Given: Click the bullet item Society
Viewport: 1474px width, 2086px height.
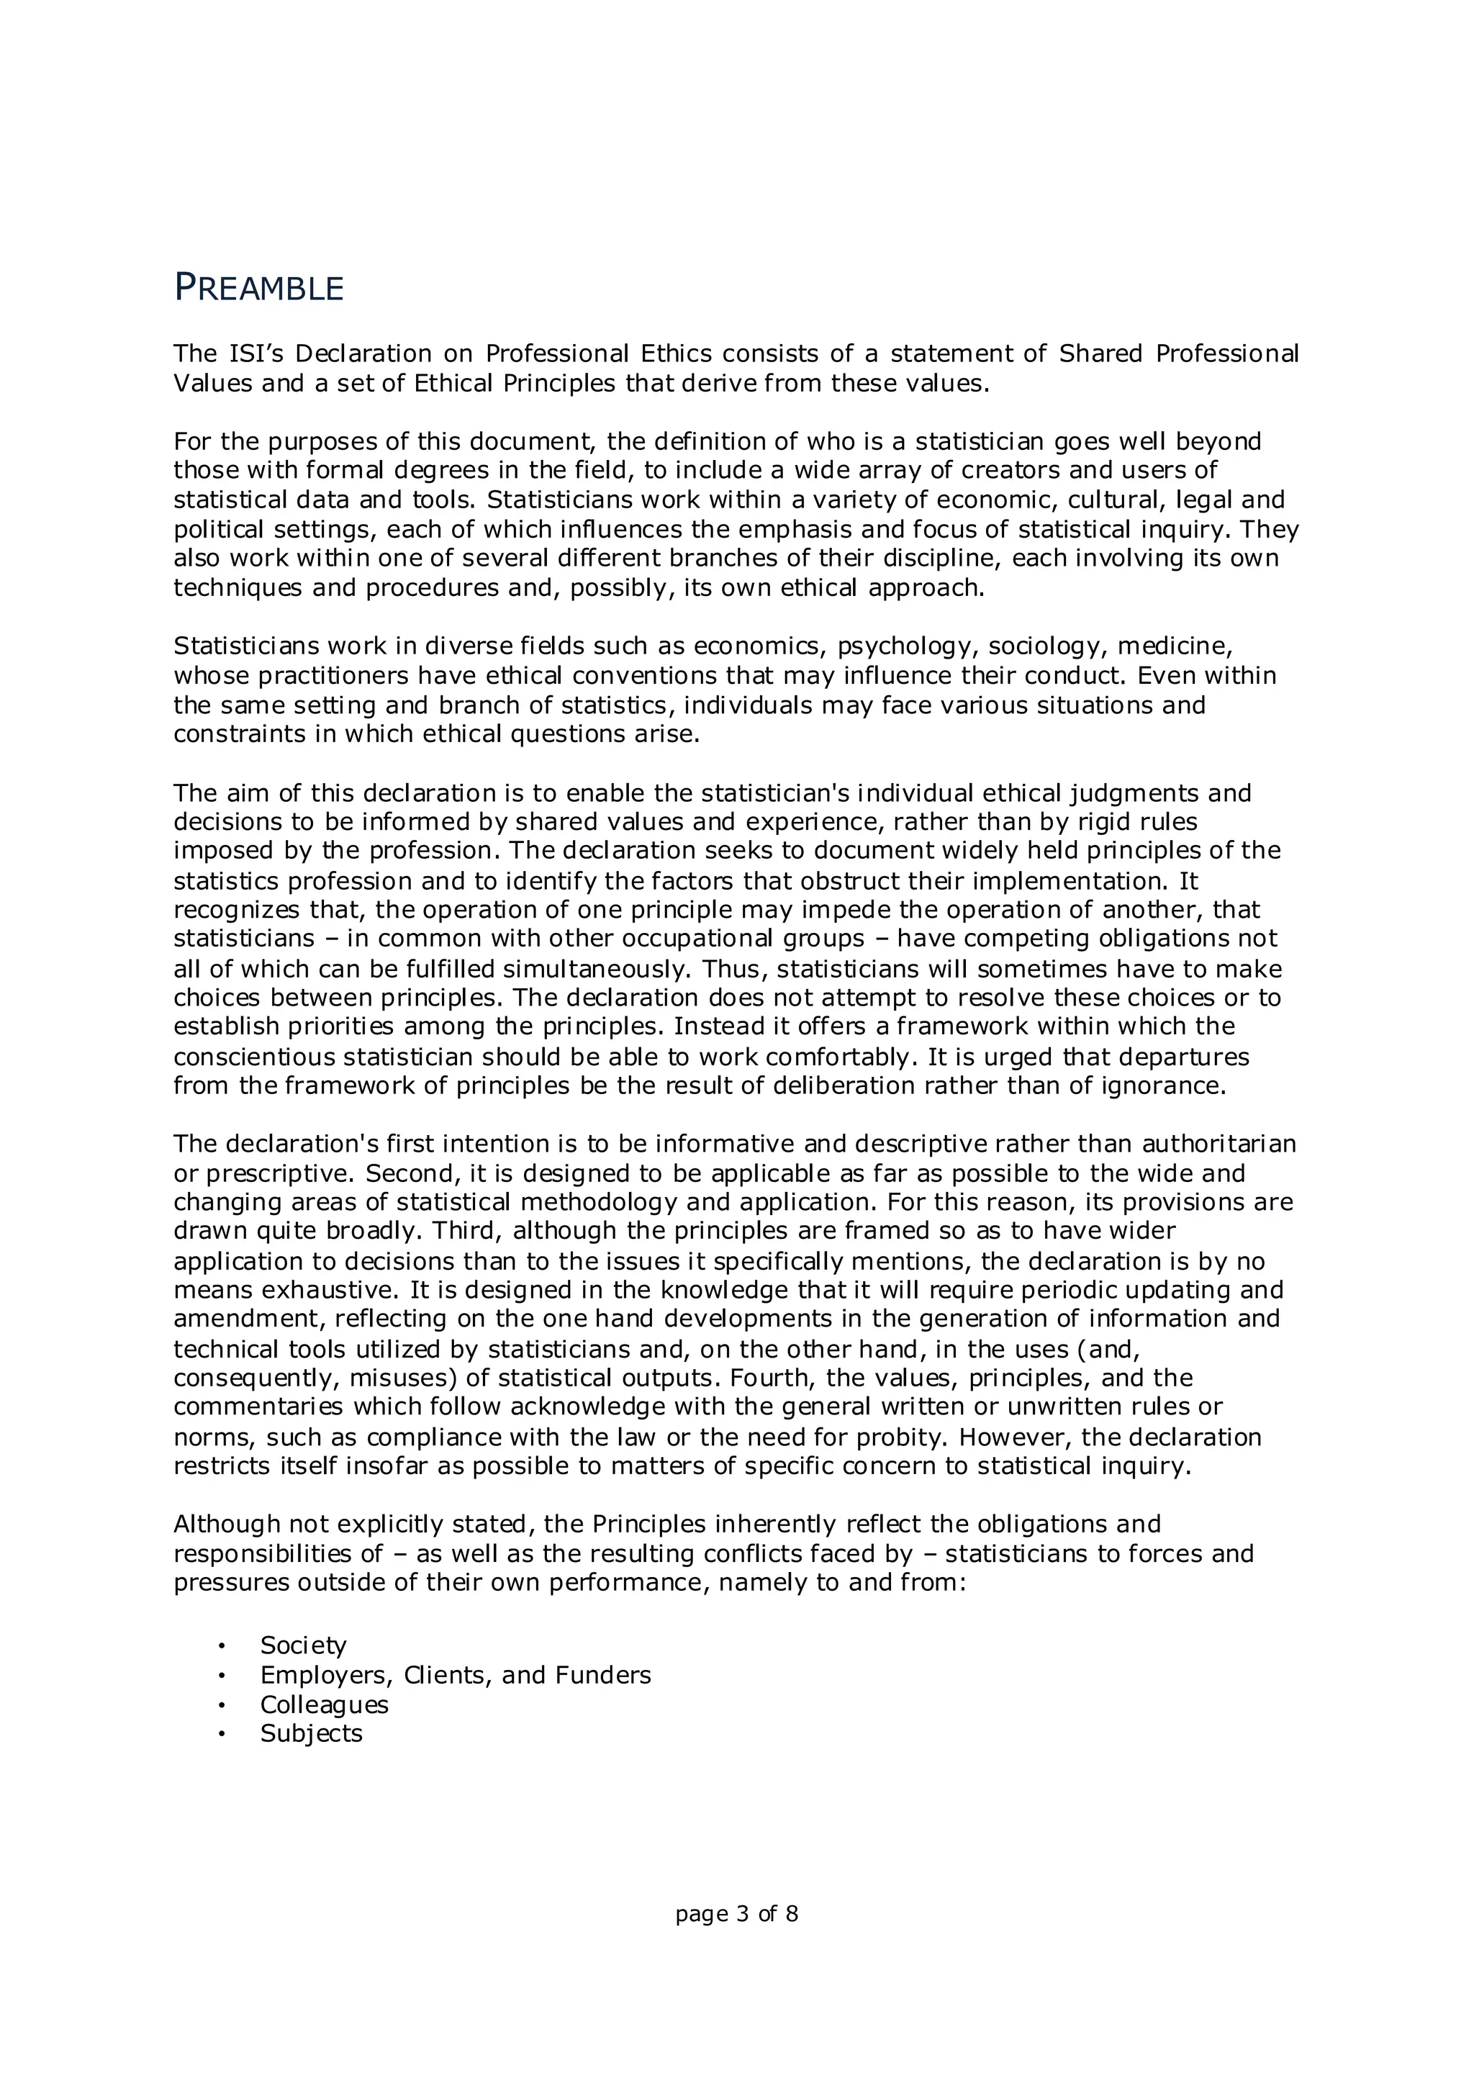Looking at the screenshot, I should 303,1645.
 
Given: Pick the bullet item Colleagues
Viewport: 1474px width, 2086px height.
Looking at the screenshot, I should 324,1705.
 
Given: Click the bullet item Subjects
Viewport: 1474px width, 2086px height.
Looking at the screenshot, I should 311,1733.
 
